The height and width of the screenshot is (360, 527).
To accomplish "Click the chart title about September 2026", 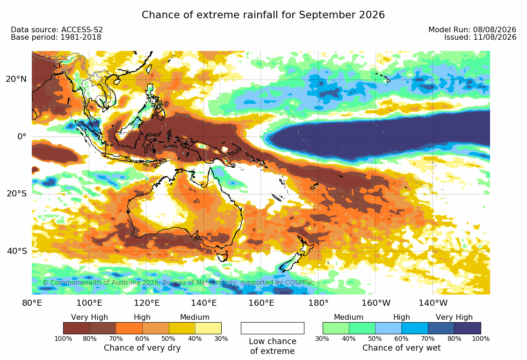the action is point(263,15).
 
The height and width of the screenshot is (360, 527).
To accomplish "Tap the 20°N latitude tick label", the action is point(16,79).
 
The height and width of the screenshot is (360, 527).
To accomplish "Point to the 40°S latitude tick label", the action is point(16,252).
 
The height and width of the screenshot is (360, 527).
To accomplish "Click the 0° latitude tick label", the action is point(22,137).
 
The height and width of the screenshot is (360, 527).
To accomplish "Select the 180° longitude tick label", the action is point(318,303).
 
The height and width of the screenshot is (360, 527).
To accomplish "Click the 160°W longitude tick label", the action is point(376,303).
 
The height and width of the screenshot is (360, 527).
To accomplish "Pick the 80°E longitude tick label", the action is point(32,303).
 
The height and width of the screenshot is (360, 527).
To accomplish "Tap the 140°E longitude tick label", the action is point(204,303).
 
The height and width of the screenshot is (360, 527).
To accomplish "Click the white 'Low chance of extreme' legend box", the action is point(273,328).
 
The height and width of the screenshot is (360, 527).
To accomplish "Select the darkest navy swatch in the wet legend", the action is point(468,328).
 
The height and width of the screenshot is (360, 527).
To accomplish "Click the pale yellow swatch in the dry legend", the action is point(208,328).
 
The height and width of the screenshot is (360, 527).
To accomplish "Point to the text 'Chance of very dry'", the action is point(142,348).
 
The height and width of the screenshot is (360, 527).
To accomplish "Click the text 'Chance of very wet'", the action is point(401,348).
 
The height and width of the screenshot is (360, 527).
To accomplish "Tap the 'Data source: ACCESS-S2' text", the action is point(57,30).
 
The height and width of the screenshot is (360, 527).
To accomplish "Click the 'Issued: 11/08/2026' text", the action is point(480,37).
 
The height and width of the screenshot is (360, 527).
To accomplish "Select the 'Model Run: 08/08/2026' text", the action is point(472,30).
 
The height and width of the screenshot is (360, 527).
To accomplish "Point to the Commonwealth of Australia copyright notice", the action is point(178,282).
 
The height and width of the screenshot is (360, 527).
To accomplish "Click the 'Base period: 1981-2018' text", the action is point(56,37).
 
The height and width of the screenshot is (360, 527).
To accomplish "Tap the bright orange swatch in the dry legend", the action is point(129,328).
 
